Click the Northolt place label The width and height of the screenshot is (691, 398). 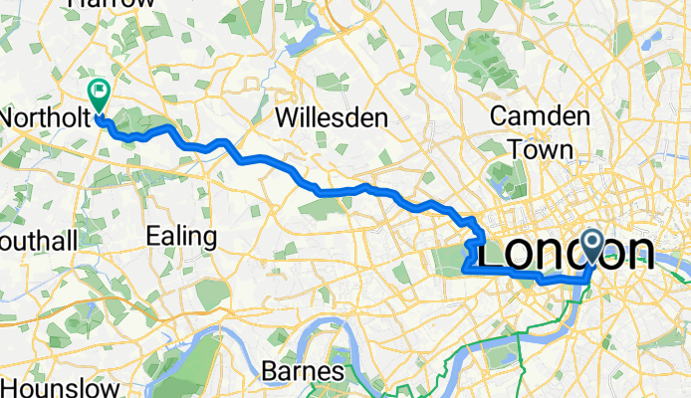[x=39, y=117]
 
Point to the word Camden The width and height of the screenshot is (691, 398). [x=541, y=115]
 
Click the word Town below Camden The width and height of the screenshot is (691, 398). [x=540, y=149]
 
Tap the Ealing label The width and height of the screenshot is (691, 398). [x=181, y=236]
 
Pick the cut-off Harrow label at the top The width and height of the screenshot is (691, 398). [x=112, y=4]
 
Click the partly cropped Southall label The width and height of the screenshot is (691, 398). [x=38, y=241]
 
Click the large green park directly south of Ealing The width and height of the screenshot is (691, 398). [x=212, y=295]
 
